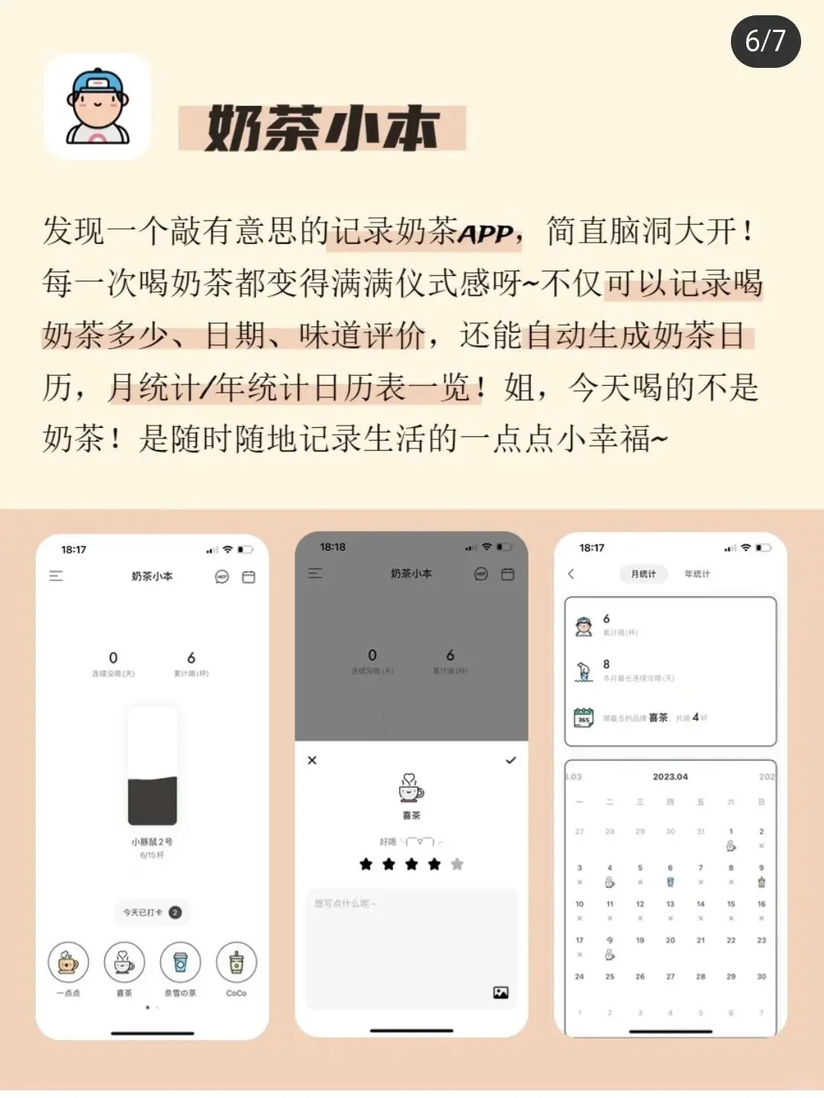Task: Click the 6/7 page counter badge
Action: coord(765,40)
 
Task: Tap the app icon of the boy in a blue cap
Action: coord(97,107)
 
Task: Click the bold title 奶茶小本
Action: coord(322,128)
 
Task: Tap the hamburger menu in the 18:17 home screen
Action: coord(56,576)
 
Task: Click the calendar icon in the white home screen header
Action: coord(249,577)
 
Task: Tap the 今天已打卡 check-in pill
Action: coord(153,912)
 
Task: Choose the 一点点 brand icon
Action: coord(68,962)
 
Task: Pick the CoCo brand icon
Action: coord(237,962)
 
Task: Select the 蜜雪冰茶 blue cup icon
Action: coord(180,962)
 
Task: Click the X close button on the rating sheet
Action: coord(312,760)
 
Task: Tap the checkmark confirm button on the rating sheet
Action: coord(510,760)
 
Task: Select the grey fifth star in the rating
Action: coord(457,864)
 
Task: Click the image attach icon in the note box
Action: coord(501,992)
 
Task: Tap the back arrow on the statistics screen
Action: coord(571,574)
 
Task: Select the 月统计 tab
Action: coord(643,574)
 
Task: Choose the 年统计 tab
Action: coord(697,574)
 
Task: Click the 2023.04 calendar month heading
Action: coord(670,777)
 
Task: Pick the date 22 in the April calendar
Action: coord(731,940)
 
